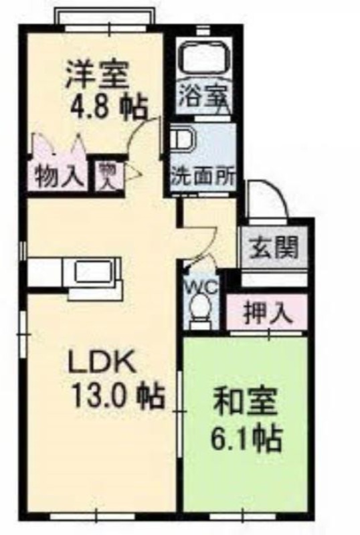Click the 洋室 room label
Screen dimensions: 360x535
point(97,74)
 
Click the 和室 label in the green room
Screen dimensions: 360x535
point(244,403)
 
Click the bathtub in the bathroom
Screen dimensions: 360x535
point(205,58)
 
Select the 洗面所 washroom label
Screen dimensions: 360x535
point(203,177)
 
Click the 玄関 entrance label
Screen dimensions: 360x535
point(273,247)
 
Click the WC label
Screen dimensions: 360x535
point(201,288)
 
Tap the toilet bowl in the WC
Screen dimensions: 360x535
point(201,307)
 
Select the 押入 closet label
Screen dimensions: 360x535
point(268,313)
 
